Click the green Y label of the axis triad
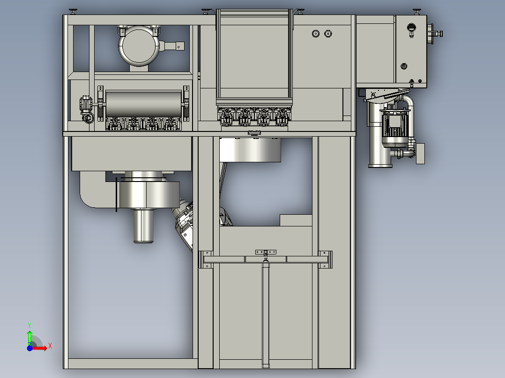(30, 325)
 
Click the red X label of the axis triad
(50, 346)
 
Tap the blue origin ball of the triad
(30, 348)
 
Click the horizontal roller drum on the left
(143, 103)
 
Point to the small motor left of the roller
(86, 109)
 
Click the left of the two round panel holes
(316, 34)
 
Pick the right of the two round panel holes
(328, 34)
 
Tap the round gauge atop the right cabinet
(411, 28)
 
